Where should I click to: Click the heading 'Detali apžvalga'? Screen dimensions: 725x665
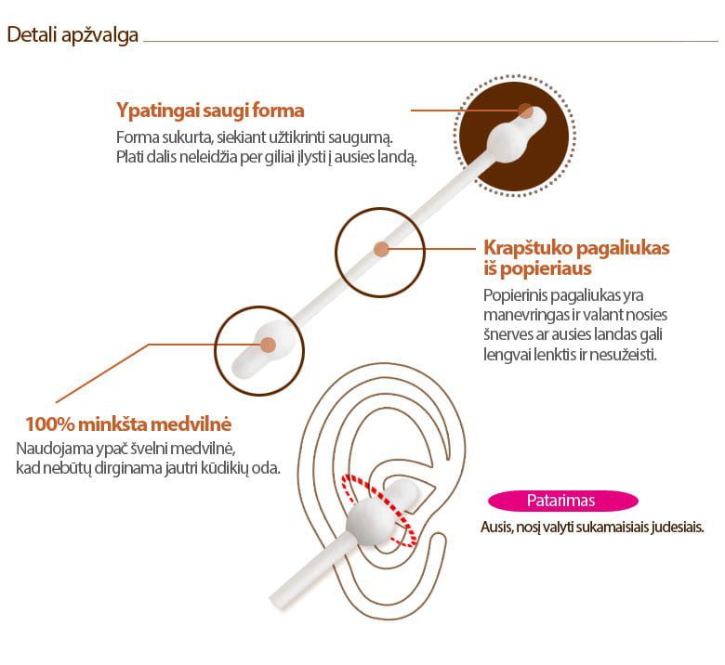tap(72, 35)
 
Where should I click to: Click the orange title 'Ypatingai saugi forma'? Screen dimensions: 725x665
tap(210, 111)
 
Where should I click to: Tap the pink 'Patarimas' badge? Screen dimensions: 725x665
tap(562, 501)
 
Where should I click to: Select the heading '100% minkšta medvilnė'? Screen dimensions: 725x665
tap(128, 424)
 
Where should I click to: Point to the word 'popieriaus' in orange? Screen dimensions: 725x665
tap(546, 268)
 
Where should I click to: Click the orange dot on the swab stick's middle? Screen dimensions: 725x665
tap(381, 249)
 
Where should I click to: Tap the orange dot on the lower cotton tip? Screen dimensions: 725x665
tap(269, 345)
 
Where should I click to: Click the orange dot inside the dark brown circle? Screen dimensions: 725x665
tap(525, 111)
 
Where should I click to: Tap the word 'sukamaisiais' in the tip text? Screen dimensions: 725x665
tap(613, 527)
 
